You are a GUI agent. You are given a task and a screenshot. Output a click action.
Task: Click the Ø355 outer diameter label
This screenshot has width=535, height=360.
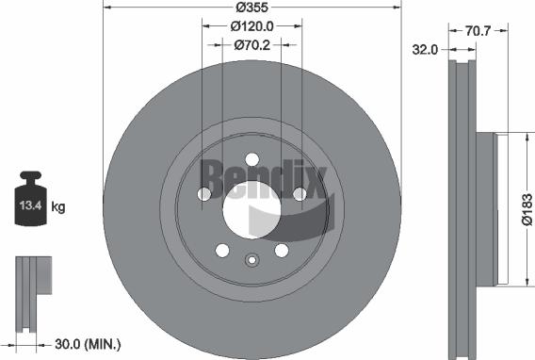click(x=251, y=8)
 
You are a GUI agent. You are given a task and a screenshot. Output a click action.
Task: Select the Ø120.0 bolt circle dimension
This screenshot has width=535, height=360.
click(x=251, y=26)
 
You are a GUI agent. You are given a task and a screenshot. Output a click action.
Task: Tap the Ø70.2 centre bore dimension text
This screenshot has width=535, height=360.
click(x=251, y=43)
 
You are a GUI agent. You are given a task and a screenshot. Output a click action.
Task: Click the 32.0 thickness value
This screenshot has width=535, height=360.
click(x=426, y=50)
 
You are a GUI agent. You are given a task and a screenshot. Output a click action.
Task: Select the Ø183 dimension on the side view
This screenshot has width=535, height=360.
click(x=527, y=208)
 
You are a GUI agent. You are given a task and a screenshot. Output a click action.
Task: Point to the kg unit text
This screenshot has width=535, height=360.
click(x=58, y=206)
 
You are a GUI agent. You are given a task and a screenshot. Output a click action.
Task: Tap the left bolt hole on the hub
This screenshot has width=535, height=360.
click(x=204, y=194)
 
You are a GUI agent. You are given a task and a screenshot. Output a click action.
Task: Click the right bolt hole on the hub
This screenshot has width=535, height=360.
click(x=299, y=194)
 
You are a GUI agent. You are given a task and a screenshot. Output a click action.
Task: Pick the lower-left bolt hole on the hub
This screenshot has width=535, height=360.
click(x=222, y=250)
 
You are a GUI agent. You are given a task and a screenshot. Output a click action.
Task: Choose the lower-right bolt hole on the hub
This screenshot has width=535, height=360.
click(x=281, y=250)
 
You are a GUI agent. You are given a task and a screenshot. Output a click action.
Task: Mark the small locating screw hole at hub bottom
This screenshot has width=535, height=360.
click(x=251, y=261)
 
